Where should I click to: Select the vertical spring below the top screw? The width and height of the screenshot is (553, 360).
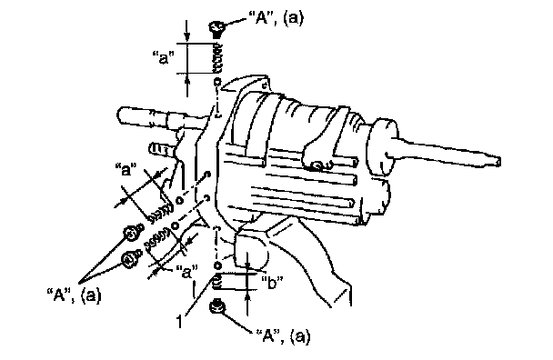click(x=218, y=59)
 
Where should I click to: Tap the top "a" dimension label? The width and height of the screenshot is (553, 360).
click(x=164, y=57)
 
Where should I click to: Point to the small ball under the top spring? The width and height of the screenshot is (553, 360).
click(x=217, y=82)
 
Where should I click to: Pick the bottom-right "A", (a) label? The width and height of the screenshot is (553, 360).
click(x=283, y=336)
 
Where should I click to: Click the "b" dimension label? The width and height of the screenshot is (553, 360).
click(x=272, y=283)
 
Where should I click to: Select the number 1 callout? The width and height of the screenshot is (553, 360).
click(x=180, y=322)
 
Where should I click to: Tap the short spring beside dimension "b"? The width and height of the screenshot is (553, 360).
click(x=217, y=282)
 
